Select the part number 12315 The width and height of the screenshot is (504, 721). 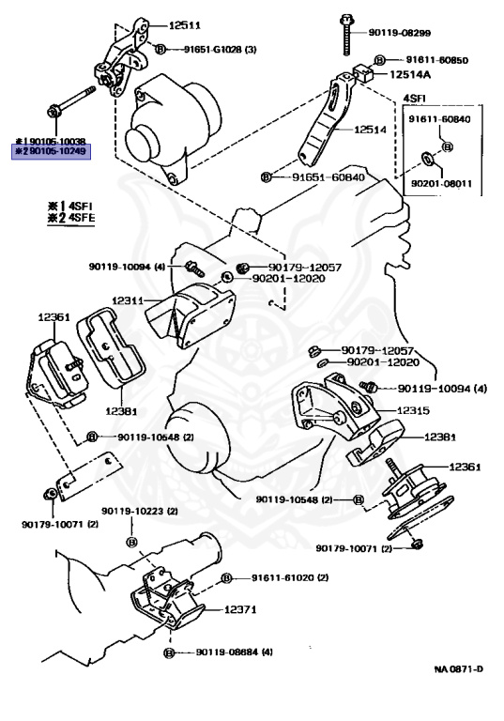[412, 410]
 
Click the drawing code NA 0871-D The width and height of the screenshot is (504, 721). [459, 669]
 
